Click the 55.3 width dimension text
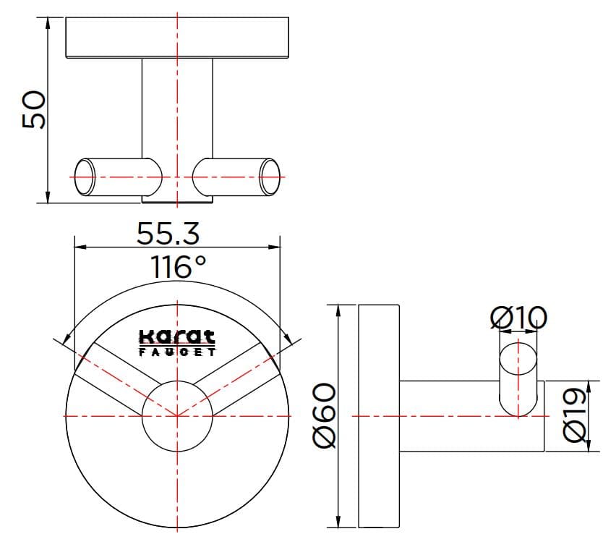[168, 233]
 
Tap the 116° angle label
[178, 267]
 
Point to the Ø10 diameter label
[518, 316]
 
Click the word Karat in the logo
[176, 336]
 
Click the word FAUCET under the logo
[176, 352]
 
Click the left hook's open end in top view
[85, 177]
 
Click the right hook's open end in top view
[270, 177]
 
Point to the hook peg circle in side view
[518, 360]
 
